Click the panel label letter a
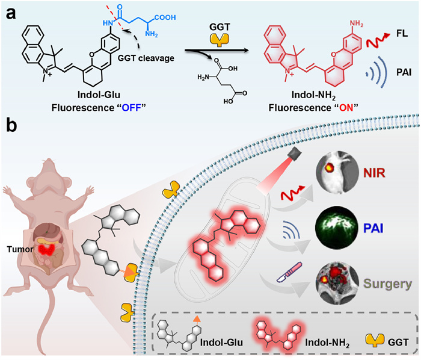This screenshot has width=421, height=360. (10, 10)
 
